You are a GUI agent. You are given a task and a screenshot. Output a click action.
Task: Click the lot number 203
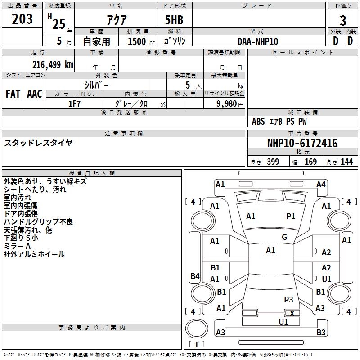[x=22, y=19]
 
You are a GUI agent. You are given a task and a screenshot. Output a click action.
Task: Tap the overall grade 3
[x=343, y=21]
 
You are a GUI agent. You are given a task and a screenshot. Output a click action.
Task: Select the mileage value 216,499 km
[x=53, y=65]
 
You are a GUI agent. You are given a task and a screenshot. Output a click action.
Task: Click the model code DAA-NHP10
[x=258, y=41]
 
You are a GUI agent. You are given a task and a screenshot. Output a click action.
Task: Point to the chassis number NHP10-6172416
[x=302, y=143]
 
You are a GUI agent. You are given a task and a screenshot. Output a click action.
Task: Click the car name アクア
[x=117, y=20]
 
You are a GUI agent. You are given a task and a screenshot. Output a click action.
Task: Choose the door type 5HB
[x=174, y=20]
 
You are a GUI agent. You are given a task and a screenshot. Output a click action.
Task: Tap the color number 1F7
[x=75, y=104]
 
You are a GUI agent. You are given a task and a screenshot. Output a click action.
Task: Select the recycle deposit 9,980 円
[x=230, y=104]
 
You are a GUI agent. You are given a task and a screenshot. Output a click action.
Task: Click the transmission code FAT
[x=13, y=94]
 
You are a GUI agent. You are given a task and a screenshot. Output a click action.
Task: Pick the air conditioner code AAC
[x=35, y=94]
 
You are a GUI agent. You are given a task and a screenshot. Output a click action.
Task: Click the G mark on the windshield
[x=284, y=237]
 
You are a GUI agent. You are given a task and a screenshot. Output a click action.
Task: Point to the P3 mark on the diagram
[x=288, y=299]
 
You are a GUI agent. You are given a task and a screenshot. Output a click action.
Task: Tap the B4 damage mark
[x=195, y=276]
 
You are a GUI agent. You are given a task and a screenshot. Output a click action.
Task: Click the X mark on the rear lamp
[x=292, y=313]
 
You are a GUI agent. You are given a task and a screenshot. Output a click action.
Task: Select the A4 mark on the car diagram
[x=321, y=184]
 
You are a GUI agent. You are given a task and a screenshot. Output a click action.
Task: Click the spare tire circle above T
[x=197, y=328]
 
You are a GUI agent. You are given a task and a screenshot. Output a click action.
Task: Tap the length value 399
[x=273, y=162]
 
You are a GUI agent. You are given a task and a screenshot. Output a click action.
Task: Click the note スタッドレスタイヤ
[x=38, y=143]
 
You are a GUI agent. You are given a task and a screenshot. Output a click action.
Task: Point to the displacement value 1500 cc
[x=141, y=41]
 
